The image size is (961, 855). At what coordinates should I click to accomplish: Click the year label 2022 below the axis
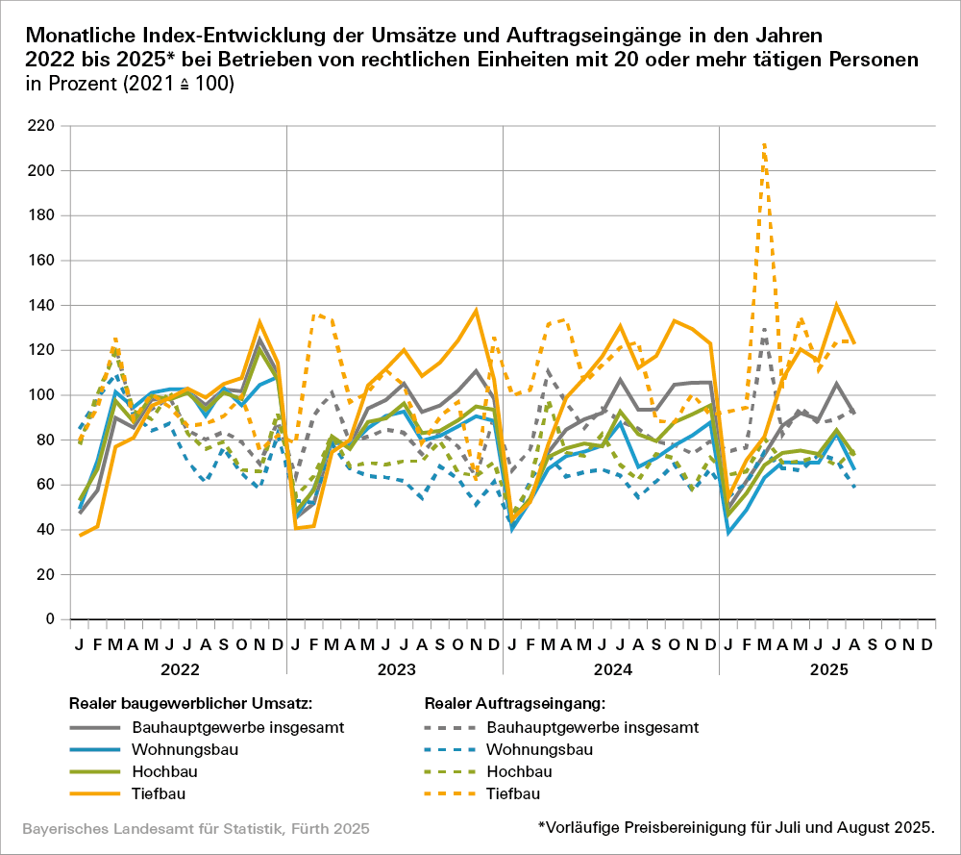(179, 668)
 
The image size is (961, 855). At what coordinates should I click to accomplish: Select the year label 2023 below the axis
(395, 668)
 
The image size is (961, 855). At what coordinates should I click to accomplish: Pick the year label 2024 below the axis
(611, 668)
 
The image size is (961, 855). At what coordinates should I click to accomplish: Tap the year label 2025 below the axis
(827, 668)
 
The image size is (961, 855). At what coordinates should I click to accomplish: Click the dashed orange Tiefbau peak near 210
(764, 144)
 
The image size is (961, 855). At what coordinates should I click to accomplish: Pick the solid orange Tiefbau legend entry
(159, 794)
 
